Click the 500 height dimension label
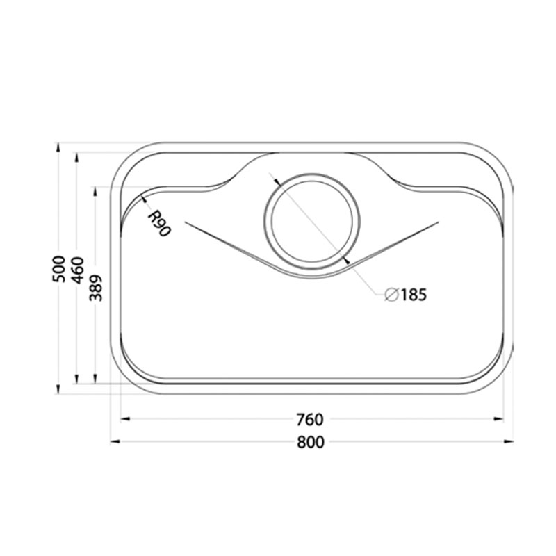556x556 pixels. point(59,269)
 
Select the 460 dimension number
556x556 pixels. point(77,270)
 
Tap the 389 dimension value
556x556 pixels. point(95,288)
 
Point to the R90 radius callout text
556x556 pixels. point(159,224)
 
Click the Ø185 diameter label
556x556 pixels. point(406,294)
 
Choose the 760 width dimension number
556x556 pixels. point(310,420)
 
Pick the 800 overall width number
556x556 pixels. point(311,442)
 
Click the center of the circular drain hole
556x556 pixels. point(312,222)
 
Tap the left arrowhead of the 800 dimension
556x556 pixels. point(115,441)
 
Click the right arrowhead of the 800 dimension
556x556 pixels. point(509,441)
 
